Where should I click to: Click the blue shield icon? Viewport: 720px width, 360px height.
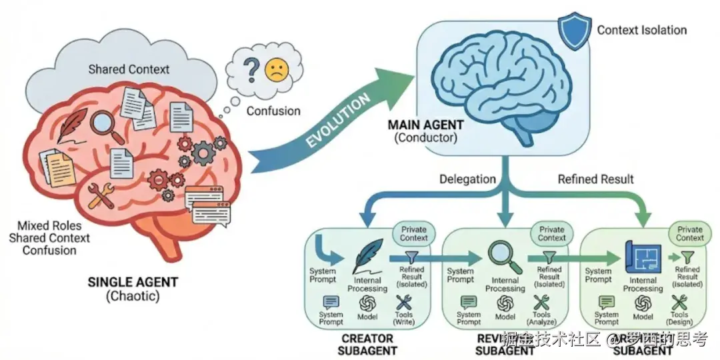[575, 31]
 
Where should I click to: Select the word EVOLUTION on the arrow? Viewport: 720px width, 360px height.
[339, 121]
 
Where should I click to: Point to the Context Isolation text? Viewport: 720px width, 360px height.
[641, 30]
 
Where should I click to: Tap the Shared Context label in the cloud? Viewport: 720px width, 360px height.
[129, 69]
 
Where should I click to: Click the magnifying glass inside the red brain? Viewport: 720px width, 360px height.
[107, 127]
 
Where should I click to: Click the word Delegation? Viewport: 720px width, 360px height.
[467, 179]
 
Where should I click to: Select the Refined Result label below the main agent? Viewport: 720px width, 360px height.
[595, 179]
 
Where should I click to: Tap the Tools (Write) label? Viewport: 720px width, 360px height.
[404, 317]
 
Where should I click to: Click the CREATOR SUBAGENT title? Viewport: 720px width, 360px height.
[367, 345]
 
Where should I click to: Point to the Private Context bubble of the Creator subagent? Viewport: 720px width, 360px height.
[413, 233]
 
